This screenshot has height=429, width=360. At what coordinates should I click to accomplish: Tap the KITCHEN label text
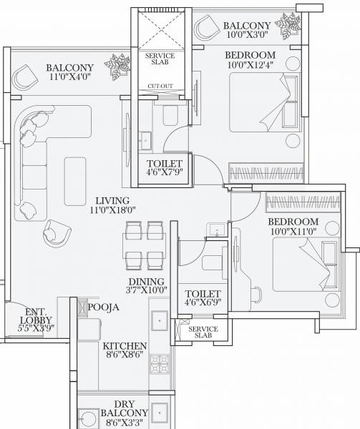point(125,345)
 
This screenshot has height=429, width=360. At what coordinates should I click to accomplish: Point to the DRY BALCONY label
point(126,408)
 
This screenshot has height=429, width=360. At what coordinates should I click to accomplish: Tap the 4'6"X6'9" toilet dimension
point(203,303)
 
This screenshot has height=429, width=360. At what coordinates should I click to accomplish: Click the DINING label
point(145,282)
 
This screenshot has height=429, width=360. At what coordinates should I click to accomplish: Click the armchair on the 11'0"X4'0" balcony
point(24,74)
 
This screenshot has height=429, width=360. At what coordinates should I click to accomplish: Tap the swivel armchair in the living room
point(56,233)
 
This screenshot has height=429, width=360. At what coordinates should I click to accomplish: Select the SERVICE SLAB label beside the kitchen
point(203,332)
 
